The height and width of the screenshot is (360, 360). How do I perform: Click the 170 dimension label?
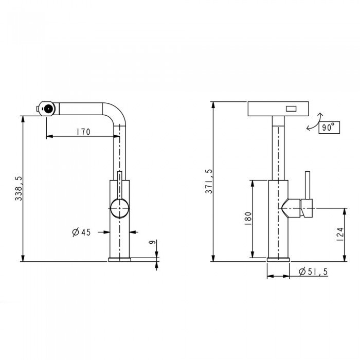point(83,132)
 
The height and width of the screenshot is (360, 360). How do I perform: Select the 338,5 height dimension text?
point(19,189)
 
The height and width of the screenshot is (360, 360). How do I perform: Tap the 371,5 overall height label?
point(209,182)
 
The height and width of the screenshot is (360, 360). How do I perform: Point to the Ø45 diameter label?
point(81,232)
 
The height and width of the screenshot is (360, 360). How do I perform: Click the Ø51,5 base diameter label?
point(313,272)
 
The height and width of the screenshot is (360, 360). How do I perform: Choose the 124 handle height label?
point(340,234)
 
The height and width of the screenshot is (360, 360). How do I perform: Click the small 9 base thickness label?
point(152,242)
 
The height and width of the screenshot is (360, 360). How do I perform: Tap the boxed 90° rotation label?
point(329,128)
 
